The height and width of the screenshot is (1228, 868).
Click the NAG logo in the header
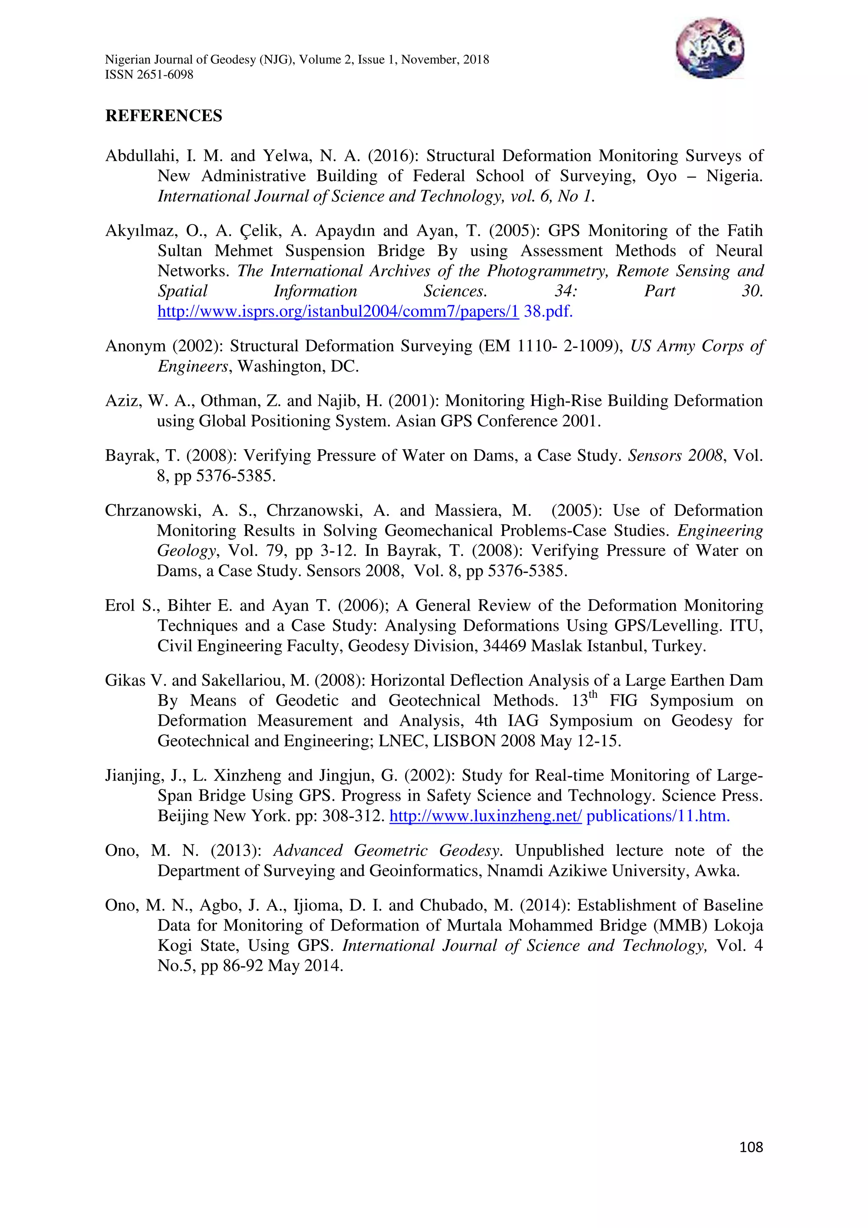pyautogui.click(x=709, y=48)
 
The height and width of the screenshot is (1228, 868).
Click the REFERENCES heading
pyautogui.click(x=164, y=116)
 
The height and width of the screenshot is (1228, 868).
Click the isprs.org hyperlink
pyautogui.click(x=338, y=311)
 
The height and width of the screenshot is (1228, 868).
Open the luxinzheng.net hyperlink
pyautogui.click(x=485, y=816)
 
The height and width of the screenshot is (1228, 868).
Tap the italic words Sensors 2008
pyautogui.click(x=675, y=456)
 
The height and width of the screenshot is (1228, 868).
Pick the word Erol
pyautogui.click(x=120, y=606)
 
